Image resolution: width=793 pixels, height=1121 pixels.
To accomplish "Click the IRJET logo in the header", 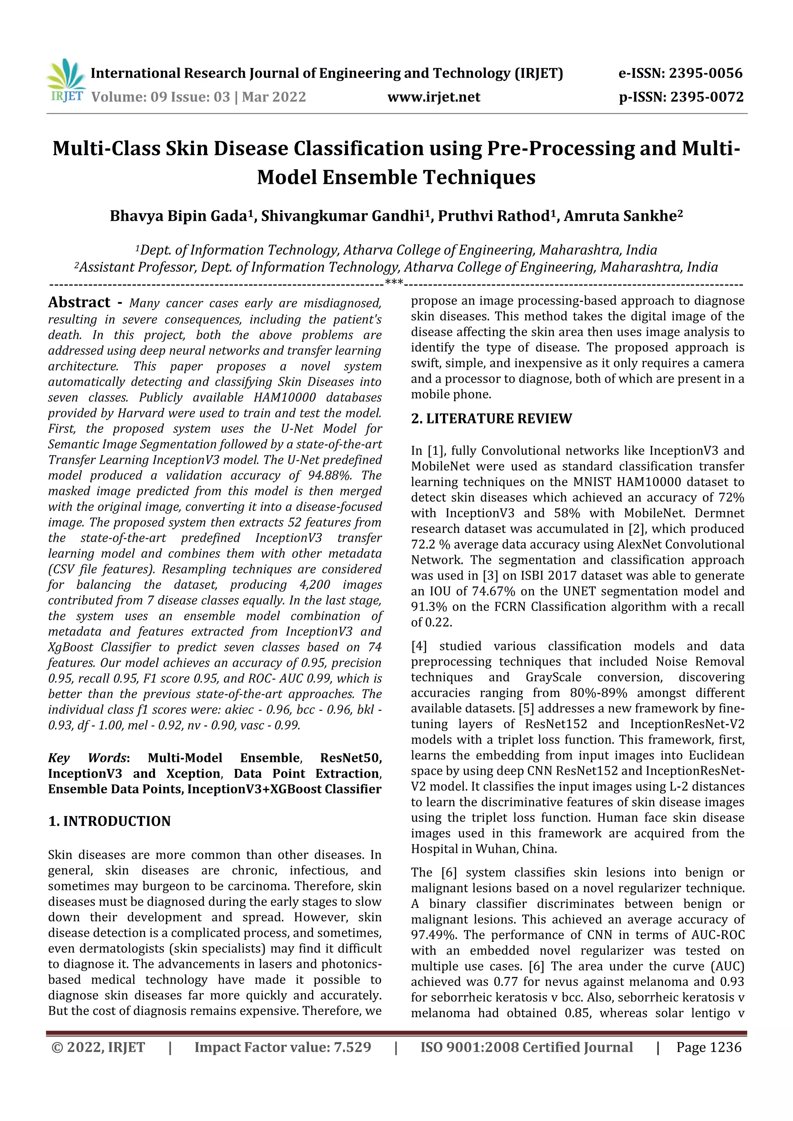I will [x=66, y=81].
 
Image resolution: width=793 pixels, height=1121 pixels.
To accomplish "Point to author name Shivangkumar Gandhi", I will [x=342, y=216].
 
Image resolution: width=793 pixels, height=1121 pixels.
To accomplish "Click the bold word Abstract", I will [x=79, y=302].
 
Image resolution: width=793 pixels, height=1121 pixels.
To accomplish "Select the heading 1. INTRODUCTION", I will [x=110, y=821].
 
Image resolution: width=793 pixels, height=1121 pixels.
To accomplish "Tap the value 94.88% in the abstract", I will [x=331, y=476].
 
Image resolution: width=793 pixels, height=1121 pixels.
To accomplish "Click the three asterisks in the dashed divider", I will [x=394, y=282].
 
